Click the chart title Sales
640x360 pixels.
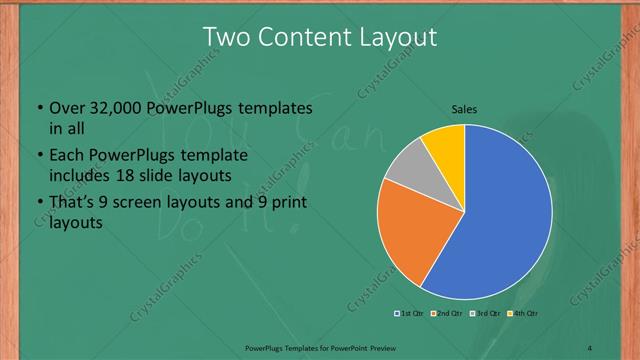pos(464,108)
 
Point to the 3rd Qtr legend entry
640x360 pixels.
pos(487,314)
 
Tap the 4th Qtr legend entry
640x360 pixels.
pos(524,314)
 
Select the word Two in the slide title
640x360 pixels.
pos(226,37)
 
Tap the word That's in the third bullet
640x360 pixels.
pos(72,204)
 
